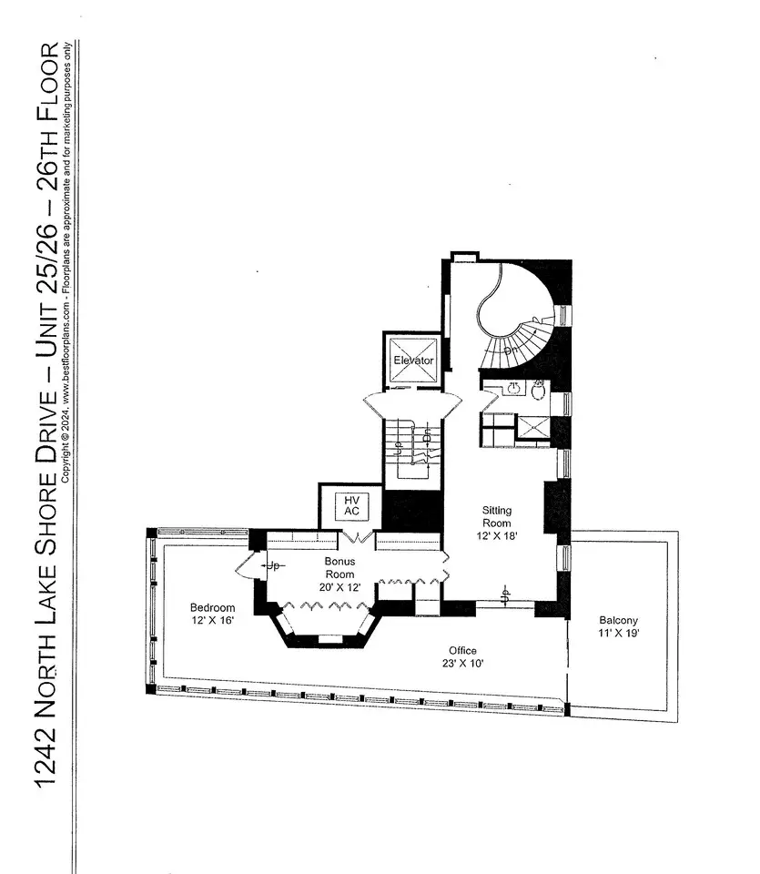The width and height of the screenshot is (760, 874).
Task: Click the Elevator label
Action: point(413,361)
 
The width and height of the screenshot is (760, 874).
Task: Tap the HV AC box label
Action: point(351,506)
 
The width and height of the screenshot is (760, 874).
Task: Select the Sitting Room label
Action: point(496,517)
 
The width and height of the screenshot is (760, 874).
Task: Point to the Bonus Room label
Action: point(339,567)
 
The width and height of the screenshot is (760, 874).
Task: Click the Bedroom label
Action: point(212,607)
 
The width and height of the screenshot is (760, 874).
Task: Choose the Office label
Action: point(462,650)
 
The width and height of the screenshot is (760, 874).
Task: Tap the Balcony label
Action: point(619,620)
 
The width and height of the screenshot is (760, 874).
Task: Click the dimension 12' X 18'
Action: point(497,536)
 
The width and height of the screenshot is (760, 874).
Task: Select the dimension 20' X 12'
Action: point(339,587)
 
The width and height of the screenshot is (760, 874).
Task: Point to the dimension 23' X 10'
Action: point(463,664)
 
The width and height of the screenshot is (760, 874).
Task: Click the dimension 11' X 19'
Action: point(619,633)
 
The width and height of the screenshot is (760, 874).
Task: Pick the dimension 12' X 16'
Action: point(212,620)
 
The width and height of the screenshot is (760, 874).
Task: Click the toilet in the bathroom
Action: point(539,391)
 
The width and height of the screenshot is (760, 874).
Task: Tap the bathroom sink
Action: point(513,388)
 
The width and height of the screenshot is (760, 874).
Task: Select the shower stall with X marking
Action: point(533,428)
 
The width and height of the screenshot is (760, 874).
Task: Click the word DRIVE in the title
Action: point(46,423)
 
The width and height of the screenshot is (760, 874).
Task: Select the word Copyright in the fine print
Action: point(66,462)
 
